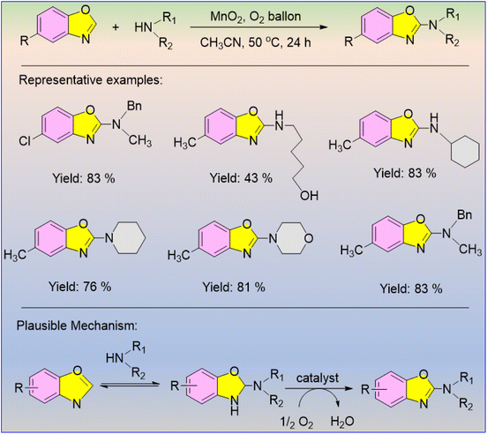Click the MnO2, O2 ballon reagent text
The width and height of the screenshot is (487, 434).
(255, 16)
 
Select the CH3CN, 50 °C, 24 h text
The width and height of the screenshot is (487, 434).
(255, 42)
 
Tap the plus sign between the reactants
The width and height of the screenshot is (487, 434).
(116, 27)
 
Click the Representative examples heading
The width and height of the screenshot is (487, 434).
(90, 79)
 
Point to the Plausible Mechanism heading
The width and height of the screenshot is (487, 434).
(77, 325)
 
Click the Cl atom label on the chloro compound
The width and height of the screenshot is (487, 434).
(25, 141)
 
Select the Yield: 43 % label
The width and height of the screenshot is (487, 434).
(241, 178)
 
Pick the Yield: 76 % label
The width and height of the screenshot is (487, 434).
(80, 287)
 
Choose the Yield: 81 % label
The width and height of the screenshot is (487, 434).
(234, 288)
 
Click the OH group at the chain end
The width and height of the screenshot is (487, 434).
(309, 196)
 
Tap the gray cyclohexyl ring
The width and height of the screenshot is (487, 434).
(465, 153)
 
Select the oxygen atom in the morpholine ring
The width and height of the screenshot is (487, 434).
(309, 238)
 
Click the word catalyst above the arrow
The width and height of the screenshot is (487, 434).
(318, 378)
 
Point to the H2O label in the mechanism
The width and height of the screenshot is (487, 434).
(342, 422)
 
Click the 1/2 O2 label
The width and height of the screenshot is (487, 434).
(296, 423)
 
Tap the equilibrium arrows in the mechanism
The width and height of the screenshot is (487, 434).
(129, 385)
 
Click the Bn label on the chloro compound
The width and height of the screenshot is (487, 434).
(134, 106)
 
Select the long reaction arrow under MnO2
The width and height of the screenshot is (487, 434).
(258, 27)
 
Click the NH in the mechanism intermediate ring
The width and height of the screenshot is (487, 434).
(235, 408)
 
